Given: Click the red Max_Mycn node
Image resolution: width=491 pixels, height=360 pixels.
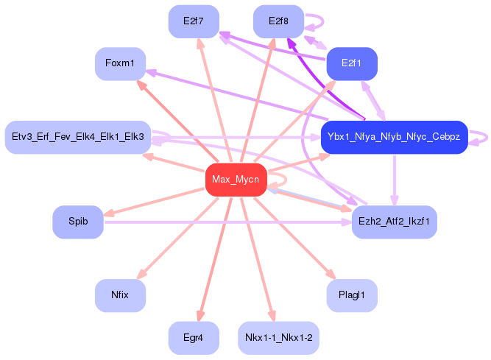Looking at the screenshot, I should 236,180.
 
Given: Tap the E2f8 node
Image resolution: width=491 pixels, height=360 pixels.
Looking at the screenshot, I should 278,21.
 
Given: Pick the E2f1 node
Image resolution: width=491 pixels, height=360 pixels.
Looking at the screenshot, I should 352,64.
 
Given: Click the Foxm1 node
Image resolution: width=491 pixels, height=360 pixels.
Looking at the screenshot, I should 120,64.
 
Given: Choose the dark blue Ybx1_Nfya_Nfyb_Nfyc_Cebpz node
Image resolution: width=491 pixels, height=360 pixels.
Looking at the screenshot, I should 394,137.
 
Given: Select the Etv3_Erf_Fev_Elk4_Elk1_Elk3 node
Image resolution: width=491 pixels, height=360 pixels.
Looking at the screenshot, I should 78,137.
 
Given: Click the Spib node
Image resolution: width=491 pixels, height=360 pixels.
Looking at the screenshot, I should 77,222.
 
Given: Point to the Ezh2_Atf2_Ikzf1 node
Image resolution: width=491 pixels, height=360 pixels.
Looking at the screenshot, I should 395,222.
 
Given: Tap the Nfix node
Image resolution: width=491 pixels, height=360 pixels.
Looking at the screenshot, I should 120,295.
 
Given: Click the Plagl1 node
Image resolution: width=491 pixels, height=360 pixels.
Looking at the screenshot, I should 352,295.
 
